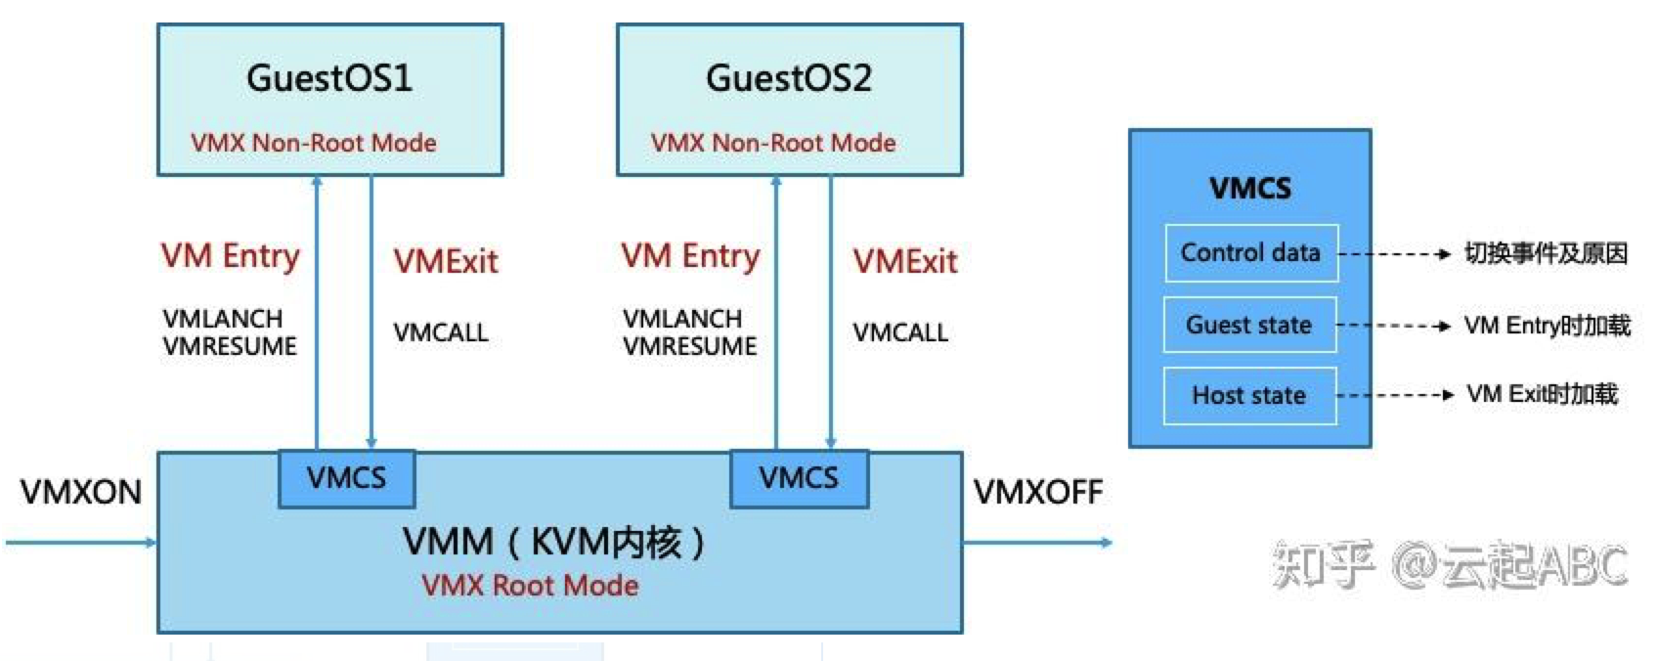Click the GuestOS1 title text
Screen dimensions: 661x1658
(x=329, y=78)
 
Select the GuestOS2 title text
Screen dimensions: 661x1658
(x=789, y=78)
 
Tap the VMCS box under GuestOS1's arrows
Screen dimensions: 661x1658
(x=346, y=478)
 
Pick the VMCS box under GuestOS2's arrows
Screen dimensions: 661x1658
(x=799, y=478)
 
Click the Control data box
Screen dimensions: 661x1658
(x=1250, y=253)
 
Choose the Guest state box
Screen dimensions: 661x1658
(x=1249, y=325)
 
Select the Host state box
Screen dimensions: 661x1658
(x=1249, y=395)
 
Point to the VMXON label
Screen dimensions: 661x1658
(x=81, y=492)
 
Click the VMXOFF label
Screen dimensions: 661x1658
(x=1038, y=492)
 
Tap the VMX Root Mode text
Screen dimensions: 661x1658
(x=530, y=586)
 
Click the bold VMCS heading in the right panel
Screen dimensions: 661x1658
(x=1250, y=188)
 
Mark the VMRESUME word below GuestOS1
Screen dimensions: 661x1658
(x=230, y=347)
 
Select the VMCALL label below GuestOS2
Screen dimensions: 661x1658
(x=900, y=332)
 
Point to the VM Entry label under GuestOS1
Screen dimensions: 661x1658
(x=231, y=256)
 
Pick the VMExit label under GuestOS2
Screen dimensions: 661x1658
(x=905, y=261)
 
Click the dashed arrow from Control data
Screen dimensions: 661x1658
(x=1394, y=254)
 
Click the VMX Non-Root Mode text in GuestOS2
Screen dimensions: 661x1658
(x=773, y=143)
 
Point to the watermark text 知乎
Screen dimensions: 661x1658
(x=1322, y=564)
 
